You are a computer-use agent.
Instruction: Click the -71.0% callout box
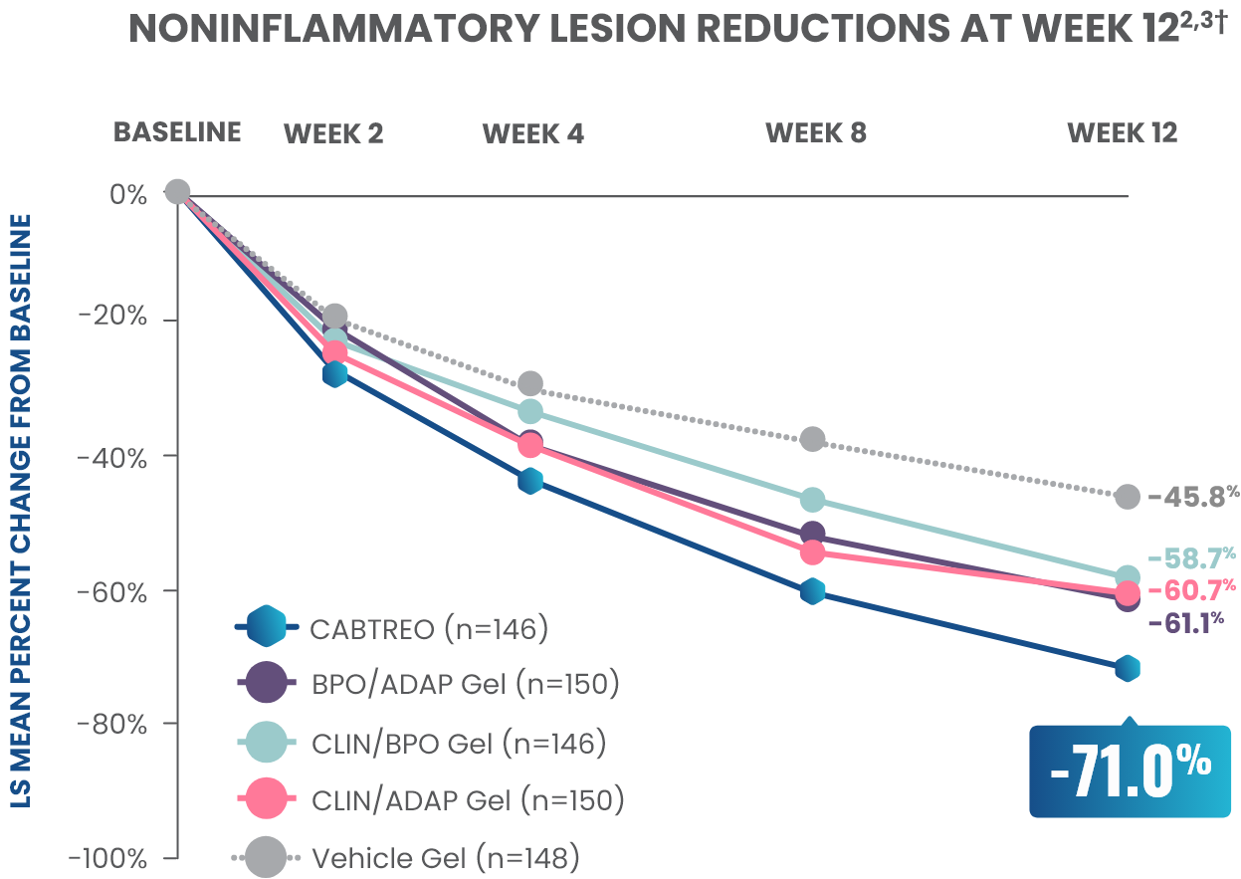tap(1130, 770)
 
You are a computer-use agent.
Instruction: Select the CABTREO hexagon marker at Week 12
tap(1127, 668)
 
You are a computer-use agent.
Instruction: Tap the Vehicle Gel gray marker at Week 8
tap(812, 439)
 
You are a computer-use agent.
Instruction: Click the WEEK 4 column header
tap(533, 133)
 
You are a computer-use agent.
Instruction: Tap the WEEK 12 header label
tap(1123, 133)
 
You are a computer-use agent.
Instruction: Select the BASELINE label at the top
tap(177, 132)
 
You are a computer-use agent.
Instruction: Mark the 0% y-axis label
tap(129, 194)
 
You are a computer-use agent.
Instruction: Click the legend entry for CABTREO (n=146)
tap(428, 629)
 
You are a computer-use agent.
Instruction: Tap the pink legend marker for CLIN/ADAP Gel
tap(267, 798)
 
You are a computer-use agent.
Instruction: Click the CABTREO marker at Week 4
tap(530, 482)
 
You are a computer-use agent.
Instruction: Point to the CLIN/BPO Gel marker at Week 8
tap(812, 500)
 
